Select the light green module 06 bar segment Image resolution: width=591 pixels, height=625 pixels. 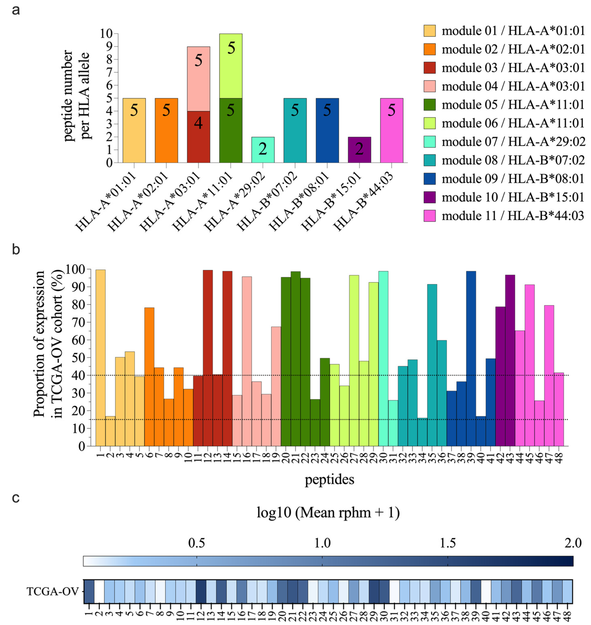coord(231,66)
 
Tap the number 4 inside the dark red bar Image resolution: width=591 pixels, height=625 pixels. coord(198,123)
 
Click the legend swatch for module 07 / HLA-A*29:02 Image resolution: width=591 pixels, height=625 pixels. coord(429,142)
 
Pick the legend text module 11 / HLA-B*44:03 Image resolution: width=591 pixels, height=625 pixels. coord(513,216)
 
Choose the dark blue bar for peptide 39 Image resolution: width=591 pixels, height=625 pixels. coord(471,359)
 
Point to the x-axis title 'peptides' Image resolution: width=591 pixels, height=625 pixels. coord(329,480)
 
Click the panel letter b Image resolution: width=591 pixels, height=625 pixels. coord(16,249)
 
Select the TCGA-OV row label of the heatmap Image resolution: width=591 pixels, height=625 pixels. coord(52,592)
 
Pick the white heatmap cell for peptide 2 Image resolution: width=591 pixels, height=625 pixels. coord(99,591)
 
